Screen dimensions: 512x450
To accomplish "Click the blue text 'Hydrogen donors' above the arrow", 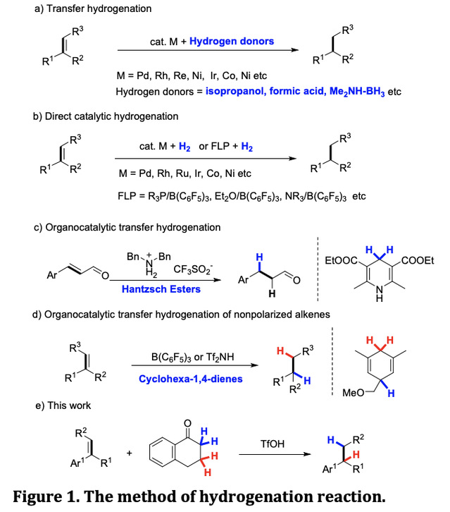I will (x=234, y=41).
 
